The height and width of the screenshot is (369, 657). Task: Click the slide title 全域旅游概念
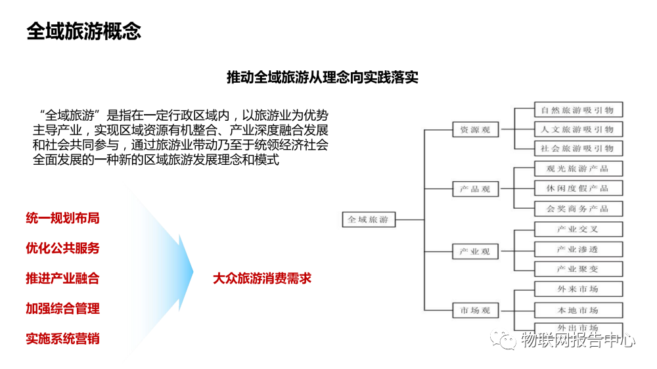83,31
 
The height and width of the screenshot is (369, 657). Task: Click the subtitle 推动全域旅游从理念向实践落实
322,77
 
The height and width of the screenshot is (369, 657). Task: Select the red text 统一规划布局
62,218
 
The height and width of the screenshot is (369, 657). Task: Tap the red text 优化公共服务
62,248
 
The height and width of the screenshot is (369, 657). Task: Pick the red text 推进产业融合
62,278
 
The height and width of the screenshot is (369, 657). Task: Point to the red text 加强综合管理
62,309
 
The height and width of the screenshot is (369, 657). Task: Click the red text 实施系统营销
62,339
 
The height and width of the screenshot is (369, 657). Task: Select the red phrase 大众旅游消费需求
261,278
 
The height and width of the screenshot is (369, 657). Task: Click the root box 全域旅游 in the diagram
368,220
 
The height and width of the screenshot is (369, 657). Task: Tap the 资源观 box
476,130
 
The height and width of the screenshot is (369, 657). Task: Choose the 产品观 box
476,190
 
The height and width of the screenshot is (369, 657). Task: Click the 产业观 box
476,251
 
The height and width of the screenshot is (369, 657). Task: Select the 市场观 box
476,311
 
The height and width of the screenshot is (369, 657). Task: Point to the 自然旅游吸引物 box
578,110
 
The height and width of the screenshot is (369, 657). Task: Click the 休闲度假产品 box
578,188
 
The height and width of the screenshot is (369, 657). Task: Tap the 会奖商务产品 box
578,209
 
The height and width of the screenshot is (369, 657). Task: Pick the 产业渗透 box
578,250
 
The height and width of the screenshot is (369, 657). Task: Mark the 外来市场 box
578,290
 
